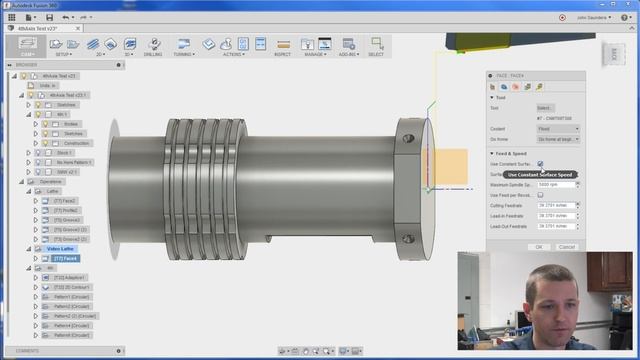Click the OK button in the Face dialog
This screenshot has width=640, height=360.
click(x=539, y=246)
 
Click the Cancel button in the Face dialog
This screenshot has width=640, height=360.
click(x=567, y=246)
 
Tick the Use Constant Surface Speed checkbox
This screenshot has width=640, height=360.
click(x=540, y=163)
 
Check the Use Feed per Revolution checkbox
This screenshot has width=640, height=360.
click(x=540, y=194)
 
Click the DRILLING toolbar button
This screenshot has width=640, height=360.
click(x=153, y=46)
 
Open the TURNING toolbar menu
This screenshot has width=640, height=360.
click(x=183, y=46)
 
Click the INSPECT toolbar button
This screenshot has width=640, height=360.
click(x=283, y=46)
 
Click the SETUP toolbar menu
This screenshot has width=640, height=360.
click(x=62, y=46)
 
